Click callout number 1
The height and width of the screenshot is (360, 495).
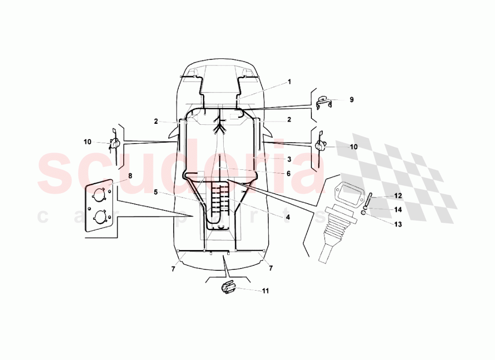[290, 82]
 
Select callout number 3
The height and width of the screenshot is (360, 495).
[289, 159]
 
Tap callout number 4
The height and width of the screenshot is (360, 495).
[287, 216]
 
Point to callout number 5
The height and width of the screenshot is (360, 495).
[155, 192]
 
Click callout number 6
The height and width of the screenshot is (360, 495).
[288, 173]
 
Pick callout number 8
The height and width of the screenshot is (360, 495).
[130, 176]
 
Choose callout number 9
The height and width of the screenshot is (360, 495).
[351, 100]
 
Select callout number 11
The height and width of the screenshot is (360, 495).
[265, 291]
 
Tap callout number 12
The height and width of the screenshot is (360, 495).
[398, 196]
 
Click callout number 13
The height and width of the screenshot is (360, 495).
[398, 224]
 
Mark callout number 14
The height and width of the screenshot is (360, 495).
[398, 209]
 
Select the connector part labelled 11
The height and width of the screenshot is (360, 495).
[228, 288]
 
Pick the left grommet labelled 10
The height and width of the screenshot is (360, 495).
[115, 144]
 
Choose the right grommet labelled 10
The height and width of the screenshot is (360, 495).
[320, 146]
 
